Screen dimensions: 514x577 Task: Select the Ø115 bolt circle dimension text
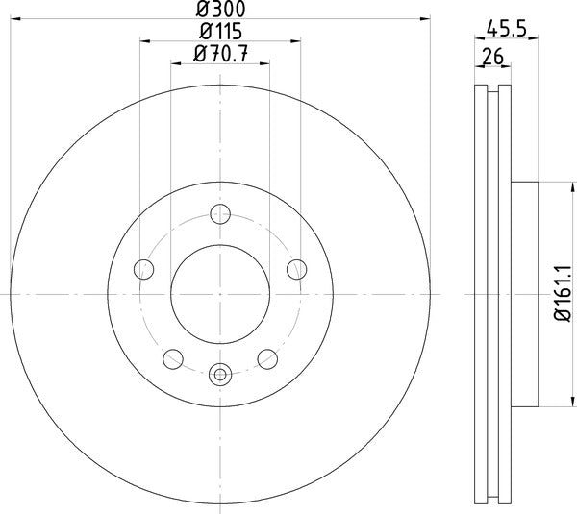[219, 33]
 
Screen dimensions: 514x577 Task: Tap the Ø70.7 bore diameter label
[220, 55]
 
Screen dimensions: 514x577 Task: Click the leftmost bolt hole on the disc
[145, 268]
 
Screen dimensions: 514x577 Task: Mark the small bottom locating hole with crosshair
[220, 374]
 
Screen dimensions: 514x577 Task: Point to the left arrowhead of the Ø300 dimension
[13, 18]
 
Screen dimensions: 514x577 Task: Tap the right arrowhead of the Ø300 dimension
[427, 18]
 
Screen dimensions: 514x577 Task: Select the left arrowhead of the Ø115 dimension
[144, 41]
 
